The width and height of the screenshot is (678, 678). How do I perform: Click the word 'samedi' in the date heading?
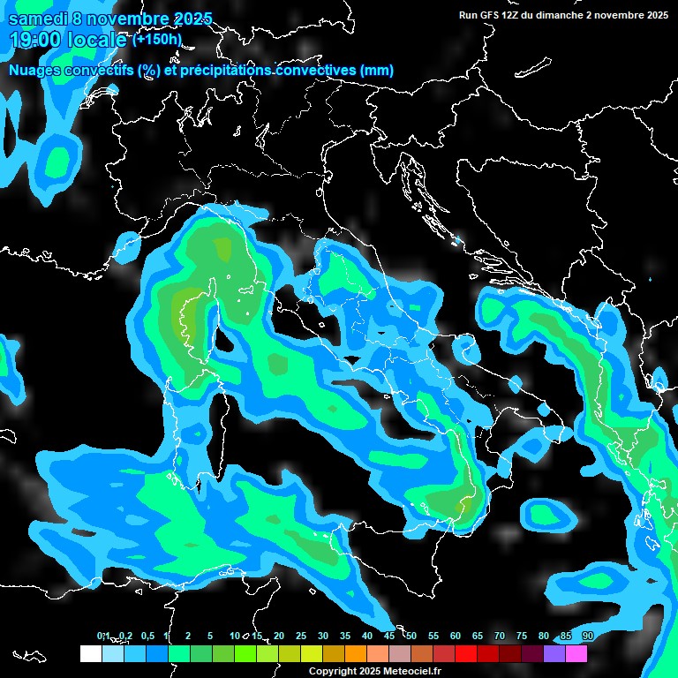(x=35, y=19)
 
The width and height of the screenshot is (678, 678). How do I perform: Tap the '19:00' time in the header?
(x=34, y=40)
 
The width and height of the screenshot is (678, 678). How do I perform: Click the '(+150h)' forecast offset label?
(x=157, y=39)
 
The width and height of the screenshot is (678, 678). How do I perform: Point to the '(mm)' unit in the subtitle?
(x=377, y=71)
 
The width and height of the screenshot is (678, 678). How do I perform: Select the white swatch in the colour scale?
(x=91, y=654)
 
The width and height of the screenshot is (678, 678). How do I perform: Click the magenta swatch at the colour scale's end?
(x=576, y=654)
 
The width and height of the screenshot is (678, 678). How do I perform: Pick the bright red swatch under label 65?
(x=466, y=654)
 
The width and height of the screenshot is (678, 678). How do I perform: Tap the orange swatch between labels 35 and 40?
(x=356, y=654)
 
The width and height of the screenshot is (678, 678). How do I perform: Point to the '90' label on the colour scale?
(x=587, y=636)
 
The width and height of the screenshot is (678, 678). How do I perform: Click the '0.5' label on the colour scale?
(x=147, y=636)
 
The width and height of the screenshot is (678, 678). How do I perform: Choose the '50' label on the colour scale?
(x=411, y=636)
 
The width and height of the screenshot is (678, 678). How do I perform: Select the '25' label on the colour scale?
(x=301, y=636)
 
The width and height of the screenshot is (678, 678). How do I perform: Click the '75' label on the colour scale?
(x=522, y=636)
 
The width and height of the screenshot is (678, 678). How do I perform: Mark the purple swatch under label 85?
(x=554, y=654)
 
